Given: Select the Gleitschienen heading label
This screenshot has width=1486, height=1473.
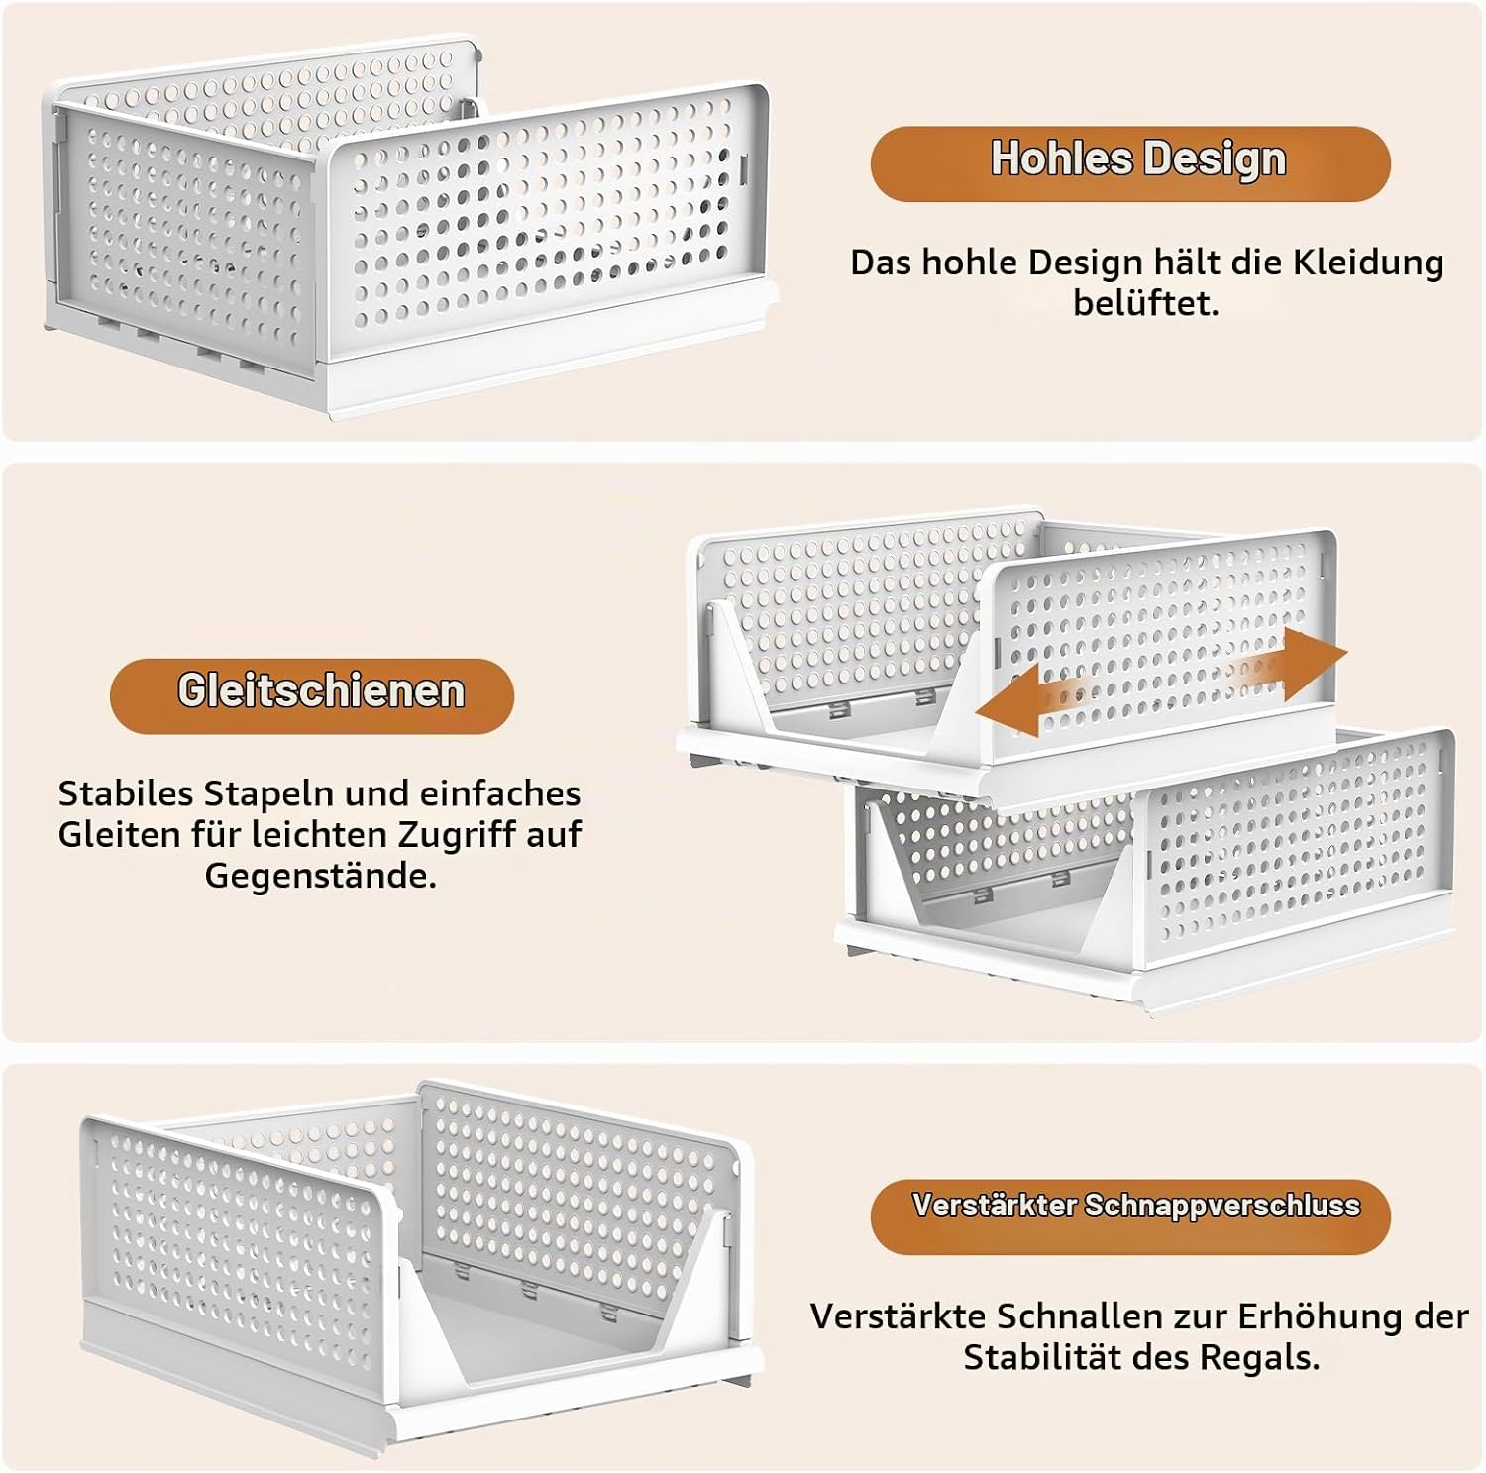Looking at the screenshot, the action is point(321,690).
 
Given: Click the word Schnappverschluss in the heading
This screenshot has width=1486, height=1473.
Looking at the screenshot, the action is point(1222,1207).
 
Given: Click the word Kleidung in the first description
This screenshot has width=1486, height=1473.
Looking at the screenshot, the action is point(1368,263).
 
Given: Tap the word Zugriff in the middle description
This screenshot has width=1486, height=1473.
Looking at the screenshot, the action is point(455,835).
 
